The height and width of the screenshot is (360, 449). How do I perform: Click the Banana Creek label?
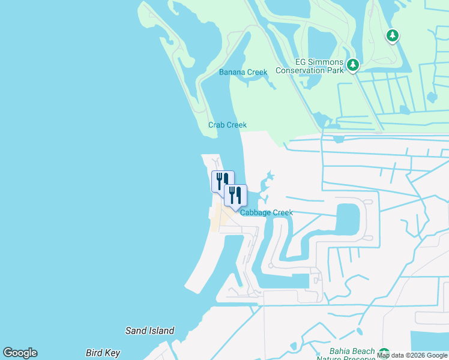point(243,73)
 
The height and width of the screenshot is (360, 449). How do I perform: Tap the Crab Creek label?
point(228,125)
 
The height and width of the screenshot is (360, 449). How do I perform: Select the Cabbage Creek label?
point(267,212)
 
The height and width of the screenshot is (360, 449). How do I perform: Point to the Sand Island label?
point(149,331)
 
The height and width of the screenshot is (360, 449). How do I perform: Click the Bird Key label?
point(103,353)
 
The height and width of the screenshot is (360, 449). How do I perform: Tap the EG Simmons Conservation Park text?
point(310,66)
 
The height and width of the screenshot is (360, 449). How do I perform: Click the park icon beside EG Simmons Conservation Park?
point(353,64)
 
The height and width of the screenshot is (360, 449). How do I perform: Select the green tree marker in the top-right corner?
point(393,36)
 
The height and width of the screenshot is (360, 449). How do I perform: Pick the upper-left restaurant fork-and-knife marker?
point(221,180)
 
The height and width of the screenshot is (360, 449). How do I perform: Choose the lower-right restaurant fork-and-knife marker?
point(235,194)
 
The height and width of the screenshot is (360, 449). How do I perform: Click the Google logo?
point(20,353)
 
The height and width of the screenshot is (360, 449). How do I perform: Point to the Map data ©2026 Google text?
point(412,355)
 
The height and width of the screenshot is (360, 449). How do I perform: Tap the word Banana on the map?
point(232,73)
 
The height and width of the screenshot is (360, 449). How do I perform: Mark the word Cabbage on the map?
point(256,212)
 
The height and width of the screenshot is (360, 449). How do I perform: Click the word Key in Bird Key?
point(113,353)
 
